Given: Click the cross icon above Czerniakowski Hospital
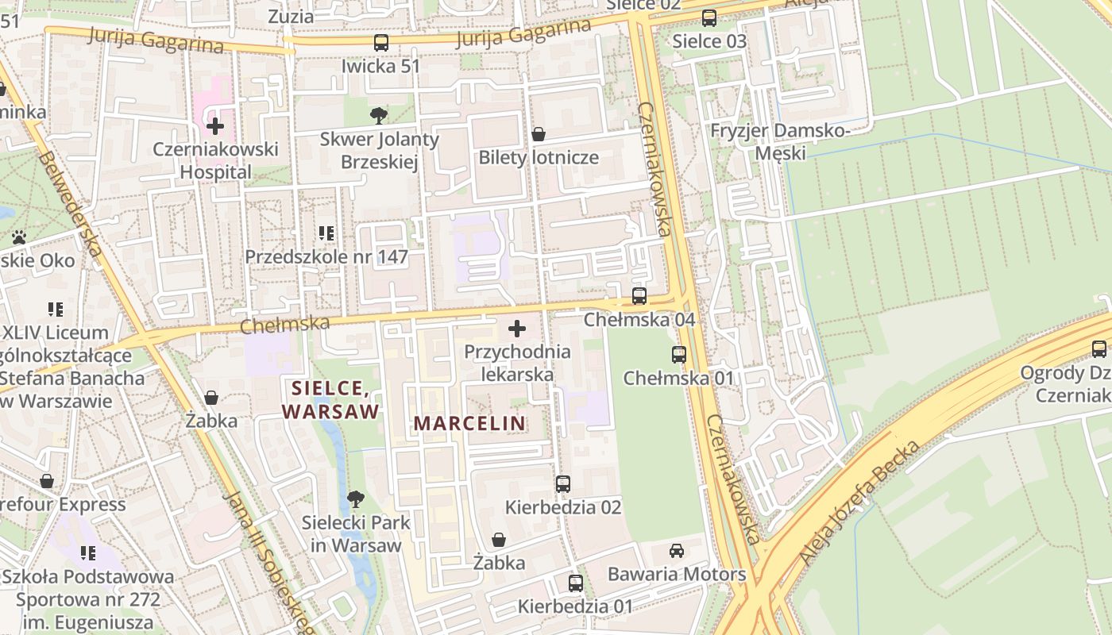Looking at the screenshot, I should point(214,125).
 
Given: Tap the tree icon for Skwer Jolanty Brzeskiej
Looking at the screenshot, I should point(379,116).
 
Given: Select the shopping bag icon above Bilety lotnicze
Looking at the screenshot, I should point(539,134).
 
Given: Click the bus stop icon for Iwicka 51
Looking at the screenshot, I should point(381,43).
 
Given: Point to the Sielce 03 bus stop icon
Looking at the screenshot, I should point(709,17).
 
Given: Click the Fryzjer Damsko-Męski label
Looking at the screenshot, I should point(779,141).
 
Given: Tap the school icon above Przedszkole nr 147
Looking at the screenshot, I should point(326,233).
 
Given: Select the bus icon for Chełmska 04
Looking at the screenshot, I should point(639,296).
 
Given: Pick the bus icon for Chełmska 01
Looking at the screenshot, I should point(679,355).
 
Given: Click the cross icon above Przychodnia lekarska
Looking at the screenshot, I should point(517,328).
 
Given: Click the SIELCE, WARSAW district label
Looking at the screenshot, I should point(330,399).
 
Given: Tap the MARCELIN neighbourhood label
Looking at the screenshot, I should point(469,423).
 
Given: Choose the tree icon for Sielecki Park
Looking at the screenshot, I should point(356,499).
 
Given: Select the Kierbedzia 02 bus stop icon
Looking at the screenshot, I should point(563,483).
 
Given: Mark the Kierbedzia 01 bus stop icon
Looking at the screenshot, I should point(576,583).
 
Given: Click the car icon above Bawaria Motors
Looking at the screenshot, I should point(677,550).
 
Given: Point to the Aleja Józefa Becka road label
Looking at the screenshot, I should point(861,502).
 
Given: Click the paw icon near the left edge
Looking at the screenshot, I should point(19,237).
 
